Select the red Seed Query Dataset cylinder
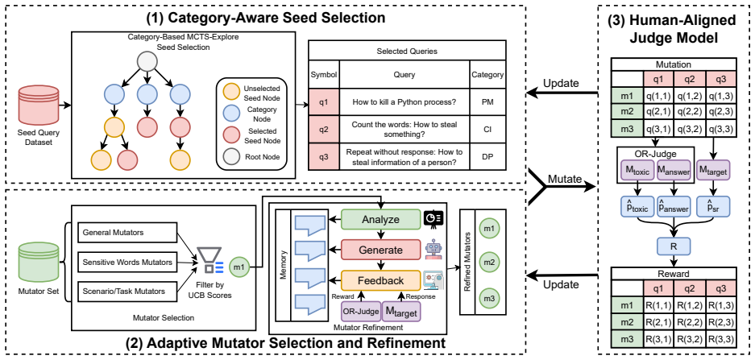[39, 104]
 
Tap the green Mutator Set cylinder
[39, 262]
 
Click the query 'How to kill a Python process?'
[404, 101]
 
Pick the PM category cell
[487, 101]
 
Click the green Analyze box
[381, 220]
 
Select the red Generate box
[381, 250]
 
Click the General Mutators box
[127, 233]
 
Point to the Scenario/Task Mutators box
[127, 292]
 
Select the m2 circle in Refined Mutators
[489, 263]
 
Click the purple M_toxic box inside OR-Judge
[637, 171]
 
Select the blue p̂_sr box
[713, 206]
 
